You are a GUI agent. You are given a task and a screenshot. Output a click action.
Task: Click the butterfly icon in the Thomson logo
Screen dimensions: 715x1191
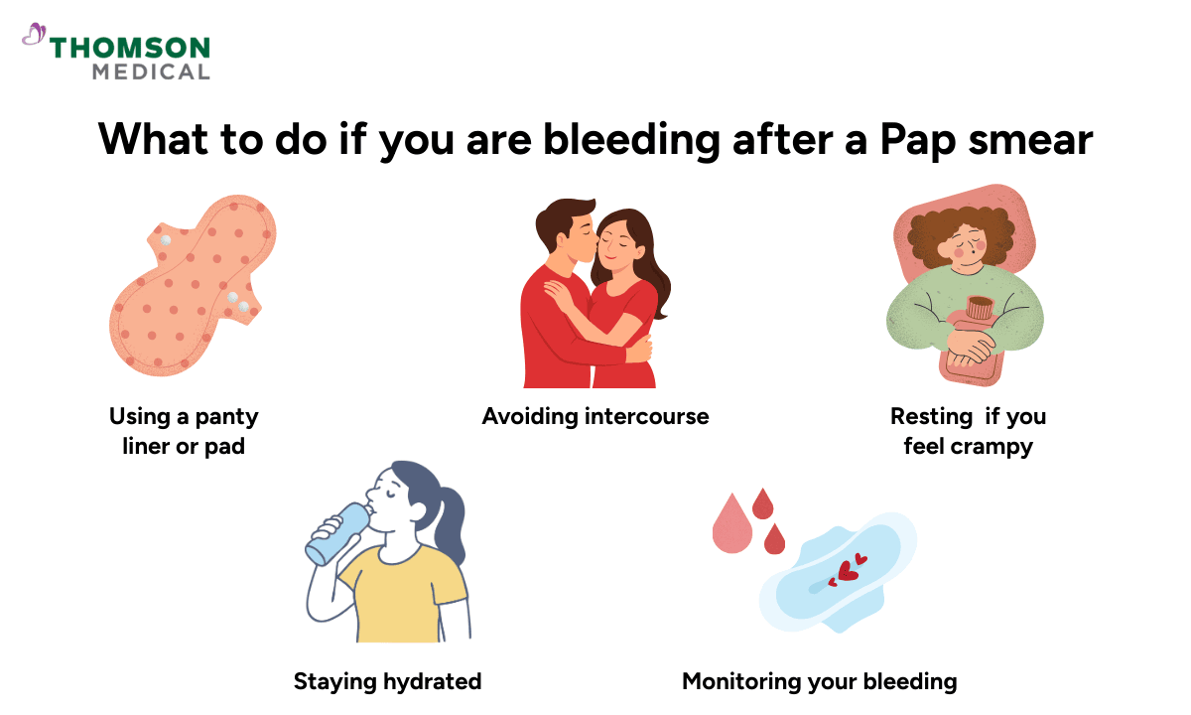34,36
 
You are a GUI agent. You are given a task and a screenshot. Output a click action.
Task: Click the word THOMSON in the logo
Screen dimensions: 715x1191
130,48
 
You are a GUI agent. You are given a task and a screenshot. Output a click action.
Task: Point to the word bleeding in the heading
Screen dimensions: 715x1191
633,140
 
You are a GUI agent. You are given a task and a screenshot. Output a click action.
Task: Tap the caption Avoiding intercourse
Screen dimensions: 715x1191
595,416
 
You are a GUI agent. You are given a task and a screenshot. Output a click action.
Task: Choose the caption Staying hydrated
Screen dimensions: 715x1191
387,681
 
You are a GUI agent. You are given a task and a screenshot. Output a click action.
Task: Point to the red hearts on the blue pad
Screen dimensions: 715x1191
846,571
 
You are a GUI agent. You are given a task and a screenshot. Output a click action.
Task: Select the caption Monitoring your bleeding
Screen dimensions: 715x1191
819,681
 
